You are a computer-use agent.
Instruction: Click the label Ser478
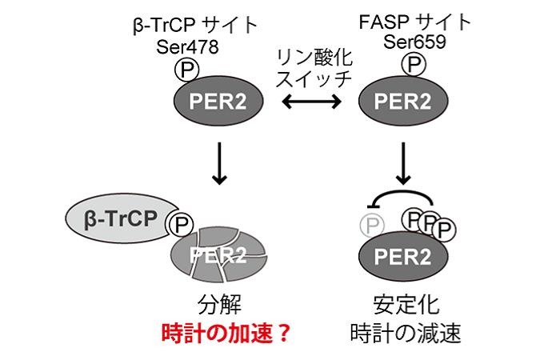pyautogui.click(x=187, y=46)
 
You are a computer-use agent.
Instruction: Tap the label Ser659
pyautogui.click(x=414, y=42)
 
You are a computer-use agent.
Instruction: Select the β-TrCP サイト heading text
pyautogui.click(x=196, y=25)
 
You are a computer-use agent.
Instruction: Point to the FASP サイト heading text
pyautogui.click(x=414, y=22)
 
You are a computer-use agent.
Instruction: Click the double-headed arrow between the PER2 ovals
pyautogui.click(x=312, y=102)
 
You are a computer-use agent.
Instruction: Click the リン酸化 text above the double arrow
pyautogui.click(x=314, y=57)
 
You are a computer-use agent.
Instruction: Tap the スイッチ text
pyautogui.click(x=314, y=79)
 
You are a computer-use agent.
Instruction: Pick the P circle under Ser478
pyautogui.click(x=186, y=70)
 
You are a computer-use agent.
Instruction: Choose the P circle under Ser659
pyautogui.click(x=414, y=64)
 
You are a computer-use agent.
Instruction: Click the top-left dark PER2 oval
pyautogui.click(x=218, y=101)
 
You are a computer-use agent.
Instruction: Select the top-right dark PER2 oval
pyautogui.click(x=403, y=101)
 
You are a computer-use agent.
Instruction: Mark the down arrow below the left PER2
pyautogui.click(x=219, y=163)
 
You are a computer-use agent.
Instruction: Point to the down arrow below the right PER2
pyautogui.click(x=403, y=163)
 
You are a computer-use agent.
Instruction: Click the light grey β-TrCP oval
pyautogui.click(x=121, y=218)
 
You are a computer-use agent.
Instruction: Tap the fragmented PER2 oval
pyautogui.click(x=219, y=255)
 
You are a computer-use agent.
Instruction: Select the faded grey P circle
pyautogui.click(x=372, y=226)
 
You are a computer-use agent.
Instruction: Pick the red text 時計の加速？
pyautogui.click(x=226, y=333)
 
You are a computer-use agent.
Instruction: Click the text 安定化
pyautogui.click(x=406, y=305)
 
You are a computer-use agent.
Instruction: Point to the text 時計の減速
pyautogui.click(x=406, y=333)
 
